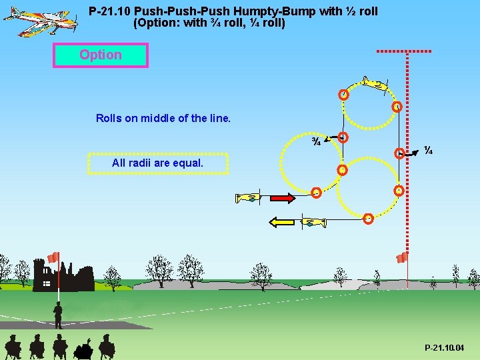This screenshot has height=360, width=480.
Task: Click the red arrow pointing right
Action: coord(281,198)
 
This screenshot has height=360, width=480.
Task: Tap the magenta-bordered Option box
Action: coord(101,55)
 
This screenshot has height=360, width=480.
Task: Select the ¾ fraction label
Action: coord(317,141)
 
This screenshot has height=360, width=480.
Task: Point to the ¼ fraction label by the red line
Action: coord(429,151)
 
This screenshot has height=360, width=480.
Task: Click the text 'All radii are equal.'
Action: coord(158,163)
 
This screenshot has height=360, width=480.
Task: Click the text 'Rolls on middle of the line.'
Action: coord(163,119)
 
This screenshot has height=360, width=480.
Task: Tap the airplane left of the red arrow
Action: coord(247,197)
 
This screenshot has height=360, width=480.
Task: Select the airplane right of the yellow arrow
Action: coord(313,223)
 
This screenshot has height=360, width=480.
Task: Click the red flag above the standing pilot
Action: coord(53,257)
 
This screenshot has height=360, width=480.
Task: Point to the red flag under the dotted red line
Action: coord(402,257)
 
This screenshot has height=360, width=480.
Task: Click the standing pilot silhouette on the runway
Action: coord(58,315)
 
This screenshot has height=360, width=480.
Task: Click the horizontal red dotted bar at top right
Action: coord(403,51)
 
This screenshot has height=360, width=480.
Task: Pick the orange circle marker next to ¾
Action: coord(342,138)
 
